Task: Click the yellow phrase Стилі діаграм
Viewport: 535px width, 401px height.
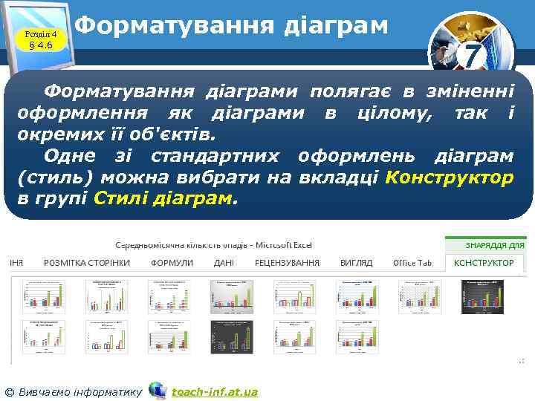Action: pos(163,199)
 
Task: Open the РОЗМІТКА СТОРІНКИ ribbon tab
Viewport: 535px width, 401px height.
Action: pos(87,263)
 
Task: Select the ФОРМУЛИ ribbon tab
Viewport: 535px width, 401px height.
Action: pos(172,263)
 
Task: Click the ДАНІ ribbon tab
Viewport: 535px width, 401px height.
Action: pos(224,263)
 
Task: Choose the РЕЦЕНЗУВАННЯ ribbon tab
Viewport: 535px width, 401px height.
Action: pos(287,263)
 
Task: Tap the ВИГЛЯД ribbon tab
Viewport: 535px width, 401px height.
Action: pos(356,263)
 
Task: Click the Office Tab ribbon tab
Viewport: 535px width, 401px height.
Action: pos(412,263)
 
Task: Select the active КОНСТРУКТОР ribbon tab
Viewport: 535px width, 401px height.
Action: pos(484,263)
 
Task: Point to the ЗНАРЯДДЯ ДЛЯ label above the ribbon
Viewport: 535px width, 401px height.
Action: pos(495,244)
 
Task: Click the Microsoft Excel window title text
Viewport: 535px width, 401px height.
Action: pos(213,244)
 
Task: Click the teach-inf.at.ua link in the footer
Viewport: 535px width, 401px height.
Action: pos(214,391)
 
